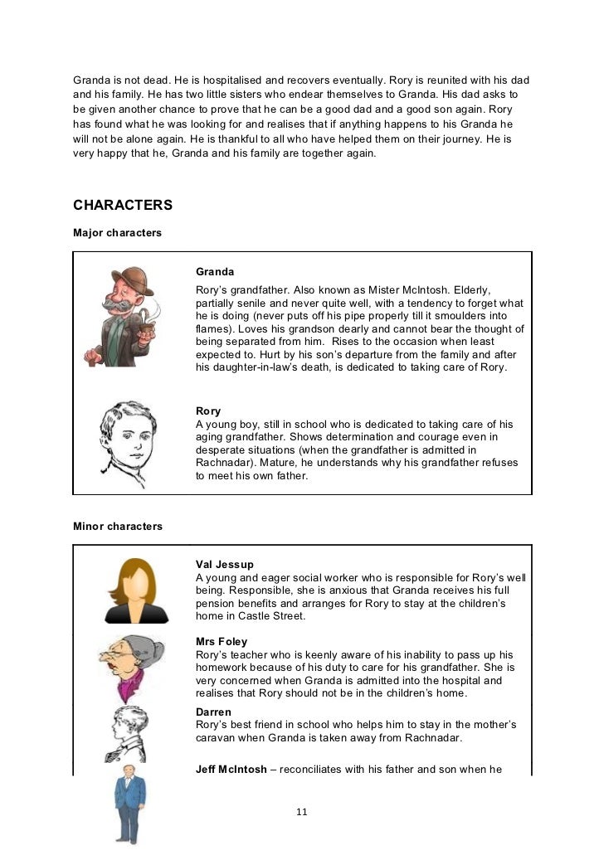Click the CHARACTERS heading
[123, 205]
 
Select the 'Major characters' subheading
[117, 233]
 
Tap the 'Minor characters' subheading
[118, 526]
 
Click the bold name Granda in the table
[215, 271]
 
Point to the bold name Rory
[208, 410]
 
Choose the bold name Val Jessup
[225, 565]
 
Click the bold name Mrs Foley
[222, 641]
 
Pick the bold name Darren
[213, 712]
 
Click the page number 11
[302, 812]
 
